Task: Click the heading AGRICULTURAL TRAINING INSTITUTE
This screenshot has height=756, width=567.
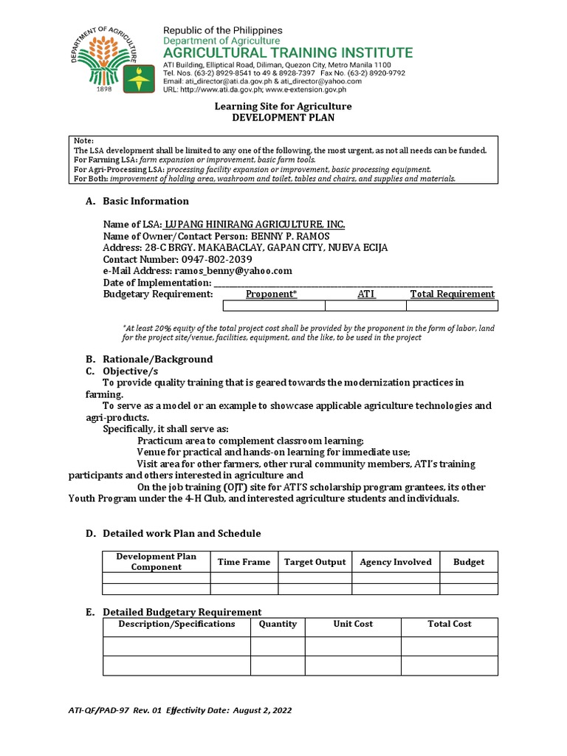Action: [288, 53]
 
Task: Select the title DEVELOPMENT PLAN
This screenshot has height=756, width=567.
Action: [283, 118]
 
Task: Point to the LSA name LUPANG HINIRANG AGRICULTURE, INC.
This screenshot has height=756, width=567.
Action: [255, 224]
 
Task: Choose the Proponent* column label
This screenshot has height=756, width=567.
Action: [271, 294]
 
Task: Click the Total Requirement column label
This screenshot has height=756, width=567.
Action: [452, 294]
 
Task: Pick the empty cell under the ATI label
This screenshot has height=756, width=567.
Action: [365, 306]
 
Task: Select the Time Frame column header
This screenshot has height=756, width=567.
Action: [244, 562]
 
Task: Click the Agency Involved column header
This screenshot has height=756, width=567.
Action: [395, 562]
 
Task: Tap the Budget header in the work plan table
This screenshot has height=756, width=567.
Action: [469, 562]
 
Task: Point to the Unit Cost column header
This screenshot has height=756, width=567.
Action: [353, 624]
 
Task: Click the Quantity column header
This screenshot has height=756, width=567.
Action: [278, 624]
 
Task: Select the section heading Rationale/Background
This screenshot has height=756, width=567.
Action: [157, 359]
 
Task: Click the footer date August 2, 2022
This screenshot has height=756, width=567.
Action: [263, 710]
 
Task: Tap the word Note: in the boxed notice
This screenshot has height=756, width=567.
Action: [84, 140]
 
